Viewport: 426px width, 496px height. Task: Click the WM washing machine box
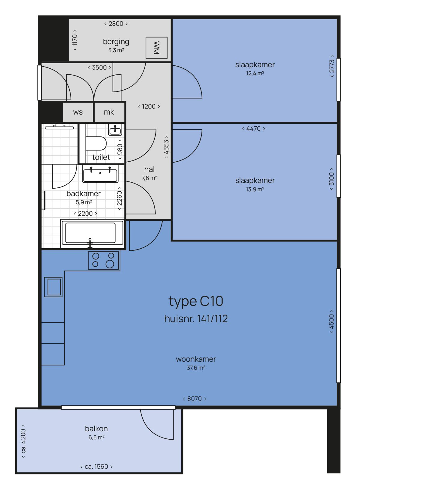pyautogui.click(x=156, y=48)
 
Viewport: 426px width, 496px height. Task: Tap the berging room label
pyautogui.click(x=116, y=42)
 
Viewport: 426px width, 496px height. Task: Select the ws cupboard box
pyautogui.click(x=78, y=112)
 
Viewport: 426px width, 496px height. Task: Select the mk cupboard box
pyautogui.click(x=109, y=112)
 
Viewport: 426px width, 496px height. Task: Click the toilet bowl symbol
pyautogui.click(x=96, y=143)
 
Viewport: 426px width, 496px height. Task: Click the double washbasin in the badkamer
pyautogui.click(x=100, y=174)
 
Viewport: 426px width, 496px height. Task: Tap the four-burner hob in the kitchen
pyautogui.click(x=104, y=260)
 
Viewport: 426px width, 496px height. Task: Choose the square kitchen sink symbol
pyautogui.click(x=53, y=287)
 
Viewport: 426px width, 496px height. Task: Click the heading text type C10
pyautogui.click(x=196, y=301)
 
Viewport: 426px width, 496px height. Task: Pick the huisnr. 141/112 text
pyautogui.click(x=196, y=318)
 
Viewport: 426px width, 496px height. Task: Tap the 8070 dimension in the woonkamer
pyautogui.click(x=195, y=399)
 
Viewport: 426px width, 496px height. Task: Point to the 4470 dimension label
pyautogui.click(x=254, y=129)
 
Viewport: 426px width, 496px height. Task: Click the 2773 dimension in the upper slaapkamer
pyautogui.click(x=332, y=66)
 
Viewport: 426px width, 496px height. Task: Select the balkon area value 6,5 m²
pyautogui.click(x=96, y=438)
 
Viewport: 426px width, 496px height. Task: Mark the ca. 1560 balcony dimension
pyautogui.click(x=96, y=467)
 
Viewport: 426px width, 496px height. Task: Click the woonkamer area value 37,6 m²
pyautogui.click(x=196, y=368)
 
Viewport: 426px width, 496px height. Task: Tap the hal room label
pyautogui.click(x=150, y=169)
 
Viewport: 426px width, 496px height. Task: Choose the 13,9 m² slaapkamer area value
pyautogui.click(x=255, y=189)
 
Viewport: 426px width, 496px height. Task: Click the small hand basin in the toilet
pyautogui.click(x=115, y=130)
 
